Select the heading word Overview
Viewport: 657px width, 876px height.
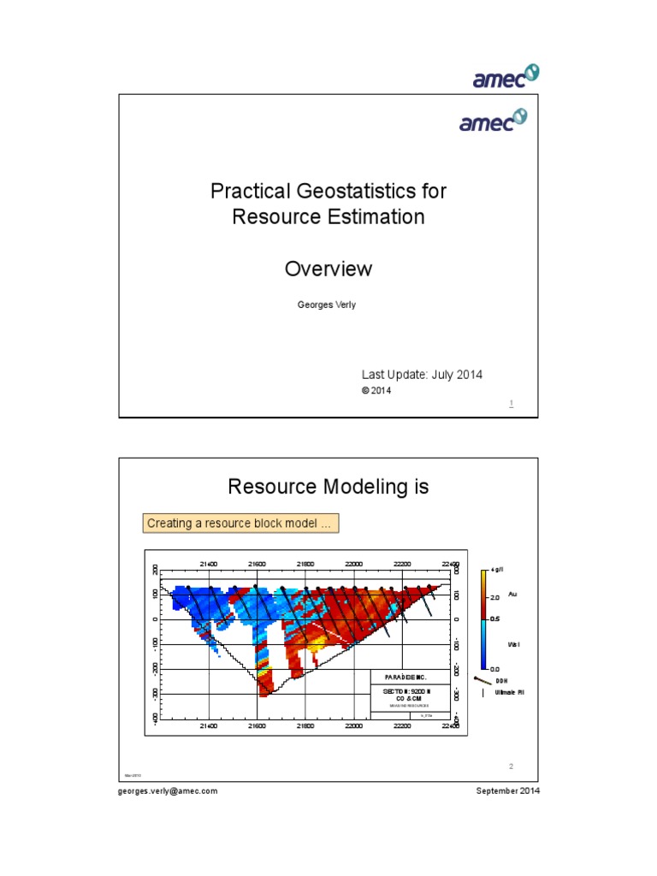point(328,269)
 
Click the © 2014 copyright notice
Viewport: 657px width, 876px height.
point(377,390)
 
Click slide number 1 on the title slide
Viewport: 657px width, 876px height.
point(511,403)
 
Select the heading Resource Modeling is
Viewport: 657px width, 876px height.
point(328,487)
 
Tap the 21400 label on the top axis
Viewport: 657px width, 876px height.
point(209,564)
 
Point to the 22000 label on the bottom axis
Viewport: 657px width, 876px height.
point(354,725)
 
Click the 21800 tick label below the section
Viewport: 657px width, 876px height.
point(305,725)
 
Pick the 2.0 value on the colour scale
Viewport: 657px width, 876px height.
point(494,597)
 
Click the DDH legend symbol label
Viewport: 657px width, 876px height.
point(502,680)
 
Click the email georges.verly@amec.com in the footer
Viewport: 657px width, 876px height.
point(168,791)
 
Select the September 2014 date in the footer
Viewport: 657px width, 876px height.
point(508,791)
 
